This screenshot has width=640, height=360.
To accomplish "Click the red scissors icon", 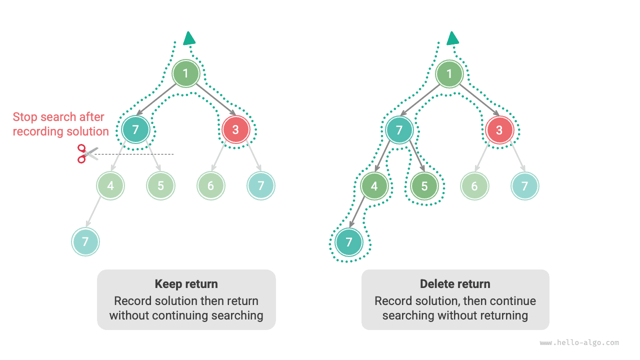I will (86, 153).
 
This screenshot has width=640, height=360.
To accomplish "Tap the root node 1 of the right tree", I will (449, 74).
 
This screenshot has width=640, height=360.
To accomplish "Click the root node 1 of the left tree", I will (185, 74).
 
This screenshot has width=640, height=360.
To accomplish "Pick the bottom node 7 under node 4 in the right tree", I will (349, 242).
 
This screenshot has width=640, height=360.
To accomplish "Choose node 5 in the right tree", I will (424, 186).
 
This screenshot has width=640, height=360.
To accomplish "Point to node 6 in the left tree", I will (210, 186).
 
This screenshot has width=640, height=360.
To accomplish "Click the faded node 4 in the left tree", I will (110, 186).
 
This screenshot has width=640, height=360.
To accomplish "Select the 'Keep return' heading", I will (186, 284).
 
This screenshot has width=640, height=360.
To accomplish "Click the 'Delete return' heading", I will (455, 284).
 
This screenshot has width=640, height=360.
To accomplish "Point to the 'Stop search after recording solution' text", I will (60, 124).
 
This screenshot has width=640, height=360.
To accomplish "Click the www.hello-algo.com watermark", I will (579, 343).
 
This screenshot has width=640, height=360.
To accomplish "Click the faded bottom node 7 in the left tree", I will (85, 242).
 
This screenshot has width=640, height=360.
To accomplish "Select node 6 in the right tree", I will (474, 186).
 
